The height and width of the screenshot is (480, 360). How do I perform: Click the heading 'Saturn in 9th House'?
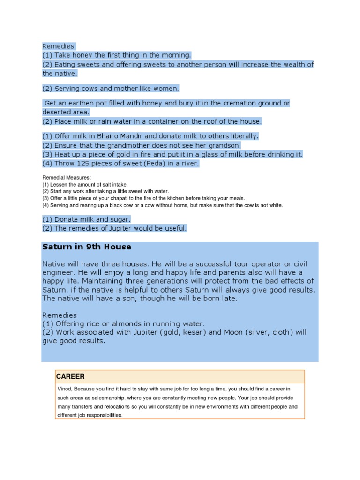pos(87,247)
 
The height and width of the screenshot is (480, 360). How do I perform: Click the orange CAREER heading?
pos(70,376)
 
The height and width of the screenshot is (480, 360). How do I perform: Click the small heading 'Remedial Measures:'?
pos(67,178)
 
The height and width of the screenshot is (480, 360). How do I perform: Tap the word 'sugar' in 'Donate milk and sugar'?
pos(120,219)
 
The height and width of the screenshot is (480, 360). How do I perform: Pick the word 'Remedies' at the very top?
pos(58,46)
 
